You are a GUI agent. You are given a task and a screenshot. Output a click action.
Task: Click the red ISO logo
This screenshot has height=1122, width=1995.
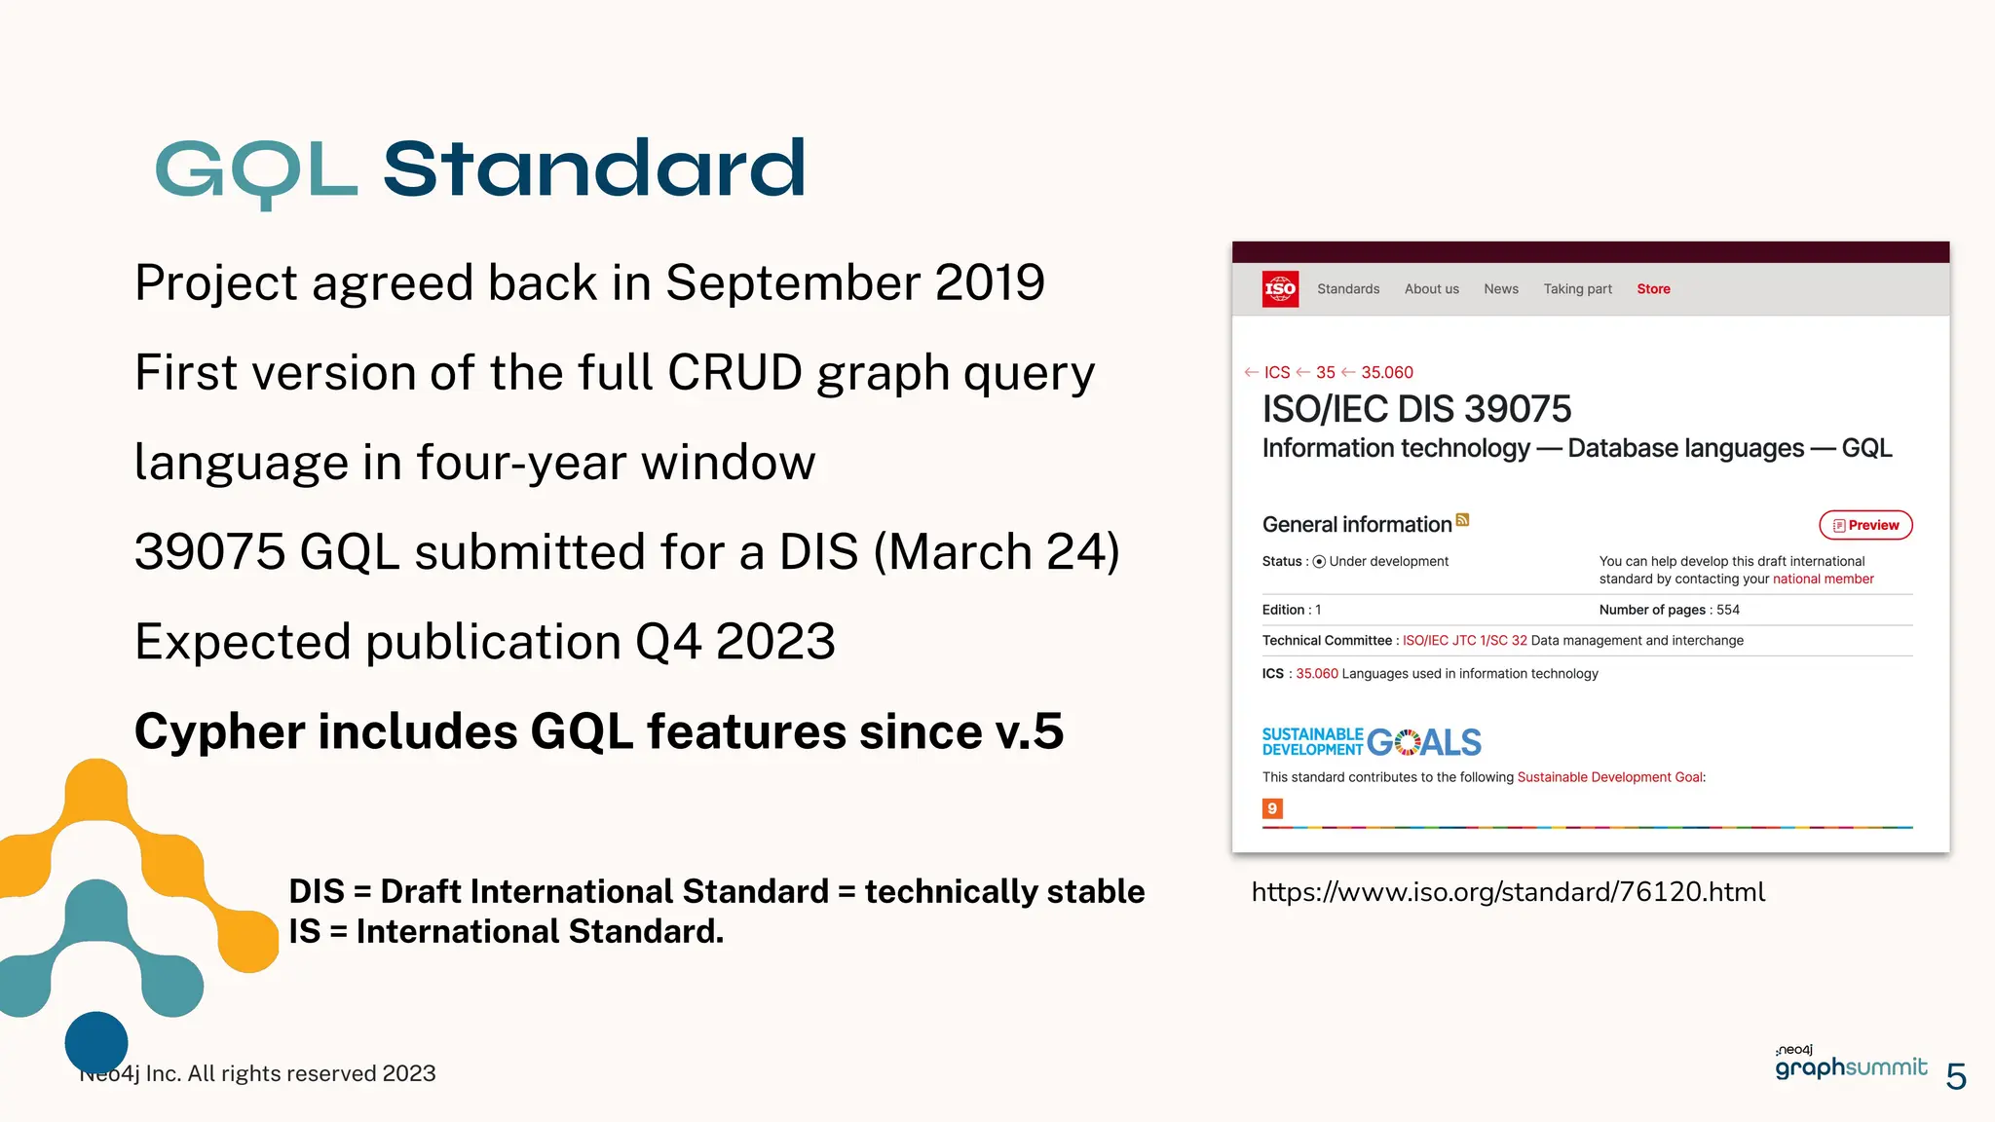click(x=1279, y=289)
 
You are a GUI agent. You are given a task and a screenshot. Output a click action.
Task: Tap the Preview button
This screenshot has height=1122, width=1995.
click(x=1865, y=525)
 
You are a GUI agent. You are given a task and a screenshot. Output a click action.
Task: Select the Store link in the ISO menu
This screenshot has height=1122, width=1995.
click(x=1653, y=289)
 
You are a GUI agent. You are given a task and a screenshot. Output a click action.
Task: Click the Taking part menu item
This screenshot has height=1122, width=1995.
click(x=1577, y=289)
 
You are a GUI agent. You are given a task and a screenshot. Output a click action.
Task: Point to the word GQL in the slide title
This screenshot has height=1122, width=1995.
click(x=256, y=170)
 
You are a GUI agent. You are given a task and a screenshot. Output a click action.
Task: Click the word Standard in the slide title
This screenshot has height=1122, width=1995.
click(x=594, y=170)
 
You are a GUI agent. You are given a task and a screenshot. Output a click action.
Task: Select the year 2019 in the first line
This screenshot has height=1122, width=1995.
click(x=990, y=283)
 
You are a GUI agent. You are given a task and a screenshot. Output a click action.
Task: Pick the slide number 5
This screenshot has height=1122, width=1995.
click(x=1956, y=1076)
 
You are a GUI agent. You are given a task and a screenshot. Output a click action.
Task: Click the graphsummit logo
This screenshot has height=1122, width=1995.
click(x=1850, y=1066)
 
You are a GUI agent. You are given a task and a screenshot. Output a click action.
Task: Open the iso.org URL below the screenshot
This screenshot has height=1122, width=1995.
click(x=1508, y=892)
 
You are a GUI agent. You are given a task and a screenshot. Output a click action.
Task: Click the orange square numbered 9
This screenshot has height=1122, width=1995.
click(x=1272, y=808)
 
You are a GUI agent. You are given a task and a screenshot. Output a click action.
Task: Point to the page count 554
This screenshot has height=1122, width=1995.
click(x=1728, y=610)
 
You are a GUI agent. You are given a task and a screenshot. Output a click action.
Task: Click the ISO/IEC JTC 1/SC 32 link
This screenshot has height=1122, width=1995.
click(x=1464, y=641)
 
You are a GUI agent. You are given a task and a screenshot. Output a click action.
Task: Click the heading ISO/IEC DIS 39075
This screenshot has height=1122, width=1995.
click(x=1416, y=410)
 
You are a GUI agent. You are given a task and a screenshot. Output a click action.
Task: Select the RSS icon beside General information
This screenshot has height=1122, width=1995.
click(x=1462, y=520)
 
